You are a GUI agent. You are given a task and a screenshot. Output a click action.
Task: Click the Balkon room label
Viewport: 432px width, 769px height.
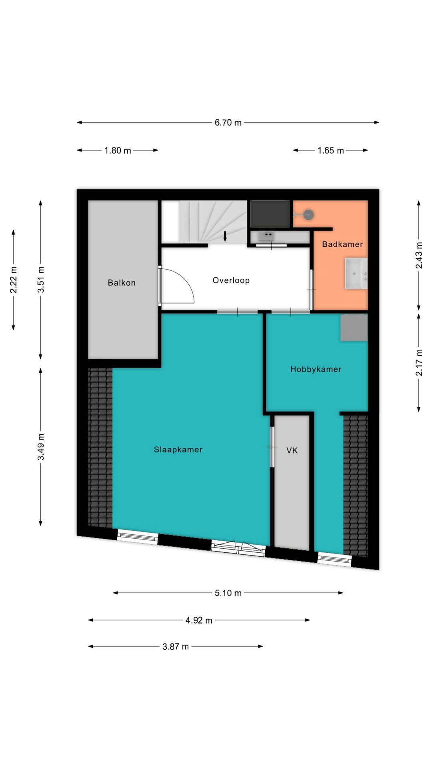(x=122, y=283)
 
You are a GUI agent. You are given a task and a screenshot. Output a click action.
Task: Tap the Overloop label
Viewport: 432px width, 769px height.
(x=231, y=280)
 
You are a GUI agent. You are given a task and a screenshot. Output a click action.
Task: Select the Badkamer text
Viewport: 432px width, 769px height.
(x=342, y=244)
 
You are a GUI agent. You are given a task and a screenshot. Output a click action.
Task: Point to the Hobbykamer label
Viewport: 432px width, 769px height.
(x=316, y=369)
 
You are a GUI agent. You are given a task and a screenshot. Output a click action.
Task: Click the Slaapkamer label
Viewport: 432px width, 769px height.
(x=178, y=450)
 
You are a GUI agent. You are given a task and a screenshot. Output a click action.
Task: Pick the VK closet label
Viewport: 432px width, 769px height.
(x=292, y=451)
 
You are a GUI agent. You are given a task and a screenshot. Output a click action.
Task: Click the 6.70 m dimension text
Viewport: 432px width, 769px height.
(x=228, y=123)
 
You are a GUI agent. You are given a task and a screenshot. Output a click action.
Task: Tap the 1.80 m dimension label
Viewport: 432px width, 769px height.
(x=118, y=151)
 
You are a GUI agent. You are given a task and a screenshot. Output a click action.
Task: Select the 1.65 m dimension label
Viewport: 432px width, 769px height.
(x=331, y=151)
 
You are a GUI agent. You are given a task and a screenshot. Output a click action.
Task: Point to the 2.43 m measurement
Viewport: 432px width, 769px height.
(x=419, y=256)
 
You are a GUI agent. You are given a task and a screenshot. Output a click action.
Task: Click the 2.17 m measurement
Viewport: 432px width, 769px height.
(x=419, y=363)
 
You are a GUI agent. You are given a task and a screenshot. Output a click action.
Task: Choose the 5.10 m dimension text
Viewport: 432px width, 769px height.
(x=228, y=593)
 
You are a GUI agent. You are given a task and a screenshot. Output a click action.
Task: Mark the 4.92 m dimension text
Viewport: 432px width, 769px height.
(x=199, y=620)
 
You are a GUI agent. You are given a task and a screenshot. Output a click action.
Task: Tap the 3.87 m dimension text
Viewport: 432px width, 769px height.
(x=176, y=647)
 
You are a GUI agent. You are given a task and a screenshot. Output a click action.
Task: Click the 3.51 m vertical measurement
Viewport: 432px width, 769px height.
(x=41, y=280)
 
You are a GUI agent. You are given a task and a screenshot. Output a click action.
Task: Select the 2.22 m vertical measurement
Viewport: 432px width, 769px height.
(x=14, y=280)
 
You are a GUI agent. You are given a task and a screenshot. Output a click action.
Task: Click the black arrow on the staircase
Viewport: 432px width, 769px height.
(x=225, y=236)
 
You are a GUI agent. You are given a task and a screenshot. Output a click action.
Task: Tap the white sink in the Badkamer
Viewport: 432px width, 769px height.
(x=356, y=274)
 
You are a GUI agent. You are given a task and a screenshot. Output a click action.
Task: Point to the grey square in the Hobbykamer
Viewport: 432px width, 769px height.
(x=354, y=328)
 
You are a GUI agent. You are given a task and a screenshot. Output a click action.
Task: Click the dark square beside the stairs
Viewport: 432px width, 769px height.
(x=270, y=214)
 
